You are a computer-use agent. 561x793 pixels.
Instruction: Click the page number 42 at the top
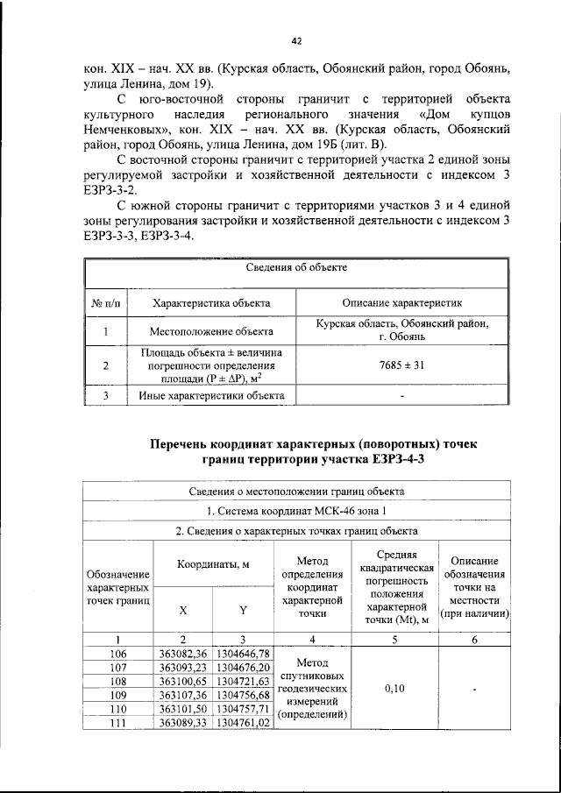tap(295, 40)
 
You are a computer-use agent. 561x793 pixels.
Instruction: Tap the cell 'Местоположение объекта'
tap(210, 331)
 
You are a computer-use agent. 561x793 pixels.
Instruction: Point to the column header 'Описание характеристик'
tap(401, 302)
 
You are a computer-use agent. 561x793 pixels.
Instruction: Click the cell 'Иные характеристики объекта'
tap(210, 395)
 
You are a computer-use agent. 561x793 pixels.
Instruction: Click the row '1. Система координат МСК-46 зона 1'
tap(295, 510)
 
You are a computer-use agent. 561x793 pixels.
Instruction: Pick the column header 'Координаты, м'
tap(214, 566)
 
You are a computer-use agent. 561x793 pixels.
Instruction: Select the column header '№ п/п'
tap(104, 302)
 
